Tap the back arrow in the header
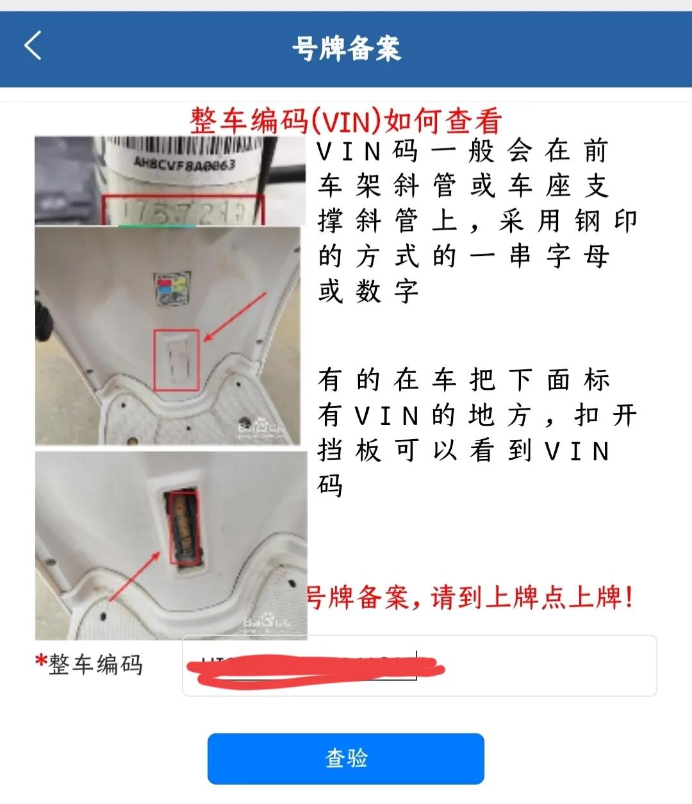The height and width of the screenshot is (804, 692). tap(33, 46)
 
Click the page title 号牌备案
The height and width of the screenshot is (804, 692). tap(346, 48)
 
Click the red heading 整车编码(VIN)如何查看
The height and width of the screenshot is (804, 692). tap(346, 120)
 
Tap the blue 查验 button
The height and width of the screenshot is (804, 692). tap(345, 758)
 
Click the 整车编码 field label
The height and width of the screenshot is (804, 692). tap(95, 665)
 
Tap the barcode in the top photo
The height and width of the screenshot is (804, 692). tap(186, 144)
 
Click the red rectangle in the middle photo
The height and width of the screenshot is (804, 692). tap(177, 359)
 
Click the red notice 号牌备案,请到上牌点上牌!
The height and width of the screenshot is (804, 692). tap(471, 598)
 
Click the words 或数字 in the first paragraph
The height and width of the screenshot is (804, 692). tap(368, 292)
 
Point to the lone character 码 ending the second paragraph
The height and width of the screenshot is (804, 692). tap(331, 486)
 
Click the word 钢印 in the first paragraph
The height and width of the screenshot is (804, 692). tap(605, 221)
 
